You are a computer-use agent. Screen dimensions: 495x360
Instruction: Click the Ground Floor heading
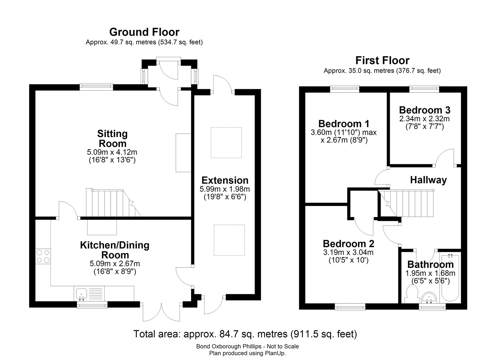[x=144, y=32]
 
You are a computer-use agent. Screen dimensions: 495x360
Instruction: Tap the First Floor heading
[x=382, y=60]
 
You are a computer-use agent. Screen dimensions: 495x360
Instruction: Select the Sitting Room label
[x=112, y=139]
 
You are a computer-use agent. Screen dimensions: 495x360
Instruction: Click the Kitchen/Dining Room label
[x=115, y=250]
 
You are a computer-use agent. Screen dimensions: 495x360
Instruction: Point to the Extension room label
[x=225, y=180]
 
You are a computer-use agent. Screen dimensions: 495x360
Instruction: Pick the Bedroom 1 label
[x=344, y=124]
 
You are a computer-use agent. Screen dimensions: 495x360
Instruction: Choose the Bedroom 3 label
[x=424, y=110]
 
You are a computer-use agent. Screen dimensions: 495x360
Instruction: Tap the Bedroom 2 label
[x=348, y=244]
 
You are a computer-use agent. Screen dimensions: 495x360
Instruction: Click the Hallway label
[x=428, y=180]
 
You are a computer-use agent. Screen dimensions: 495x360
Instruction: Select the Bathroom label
[x=430, y=265]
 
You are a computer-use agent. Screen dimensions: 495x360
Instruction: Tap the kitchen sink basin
[x=81, y=293]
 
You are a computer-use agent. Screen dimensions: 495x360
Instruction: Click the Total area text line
[x=245, y=334]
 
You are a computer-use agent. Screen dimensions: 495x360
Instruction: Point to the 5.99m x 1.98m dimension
[x=225, y=189]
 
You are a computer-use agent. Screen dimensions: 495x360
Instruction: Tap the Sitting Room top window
[x=96, y=87]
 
